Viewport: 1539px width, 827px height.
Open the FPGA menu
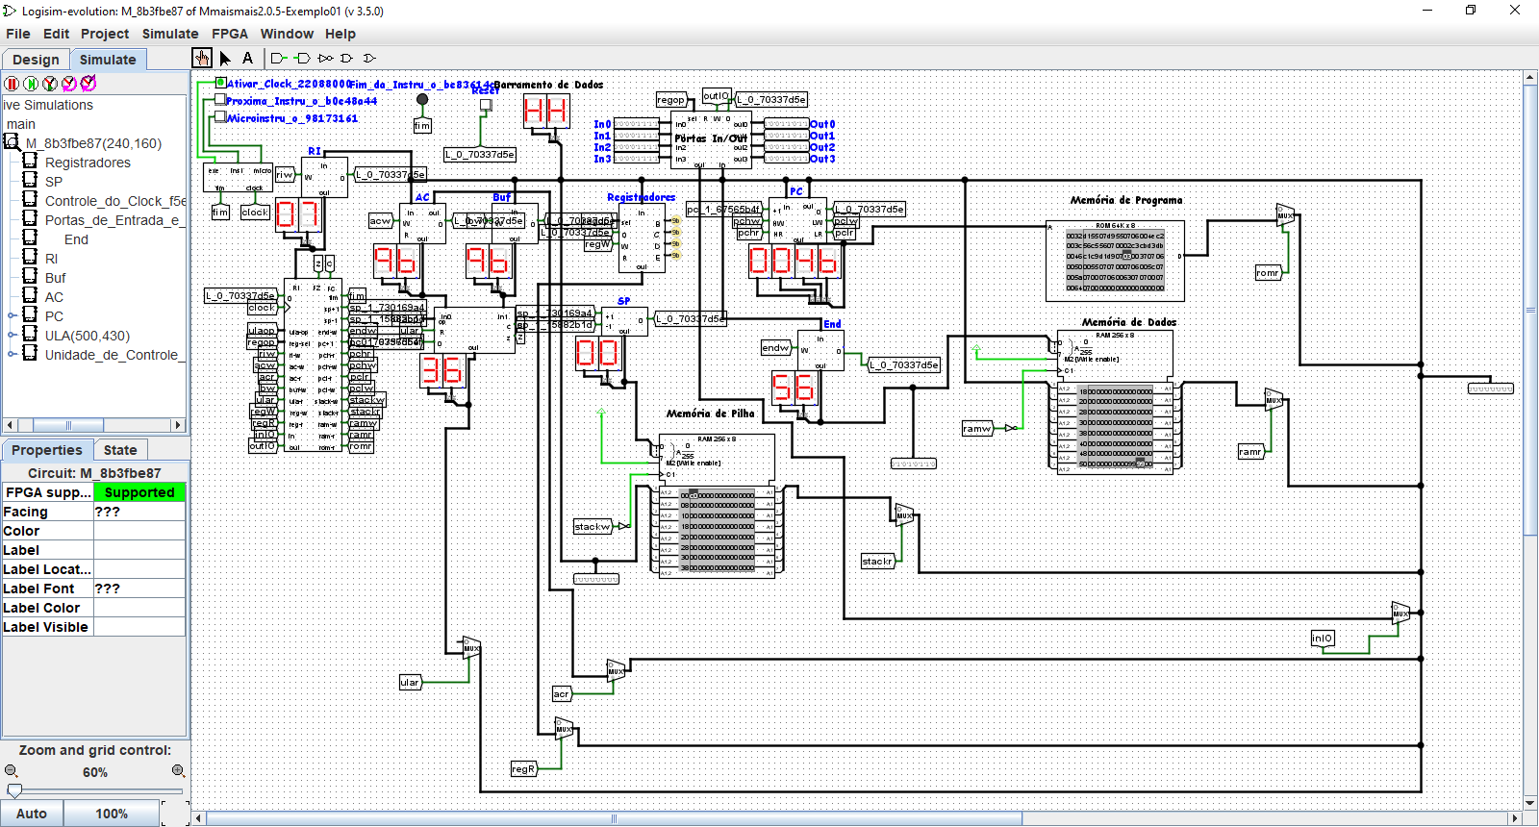point(230,34)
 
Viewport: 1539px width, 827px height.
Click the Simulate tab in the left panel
point(108,60)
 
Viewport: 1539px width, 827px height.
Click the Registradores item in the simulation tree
point(88,163)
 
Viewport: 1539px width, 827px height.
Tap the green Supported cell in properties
point(139,492)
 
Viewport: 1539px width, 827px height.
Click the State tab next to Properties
point(120,450)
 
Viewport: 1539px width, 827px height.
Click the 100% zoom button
point(112,814)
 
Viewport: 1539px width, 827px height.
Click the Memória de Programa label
point(1126,200)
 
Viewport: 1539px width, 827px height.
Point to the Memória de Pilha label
point(711,413)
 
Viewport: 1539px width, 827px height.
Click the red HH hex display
point(545,112)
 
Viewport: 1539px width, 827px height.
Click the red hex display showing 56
point(794,388)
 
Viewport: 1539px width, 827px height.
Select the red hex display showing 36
point(442,370)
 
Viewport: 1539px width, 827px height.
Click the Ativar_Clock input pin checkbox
point(220,83)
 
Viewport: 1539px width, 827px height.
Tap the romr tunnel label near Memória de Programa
point(1268,273)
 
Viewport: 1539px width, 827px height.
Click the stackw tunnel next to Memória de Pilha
point(593,527)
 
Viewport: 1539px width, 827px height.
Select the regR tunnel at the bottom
point(522,769)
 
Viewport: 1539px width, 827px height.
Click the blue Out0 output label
point(822,124)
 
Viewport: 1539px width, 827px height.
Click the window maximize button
point(1471,11)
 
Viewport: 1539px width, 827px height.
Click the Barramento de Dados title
point(548,85)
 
